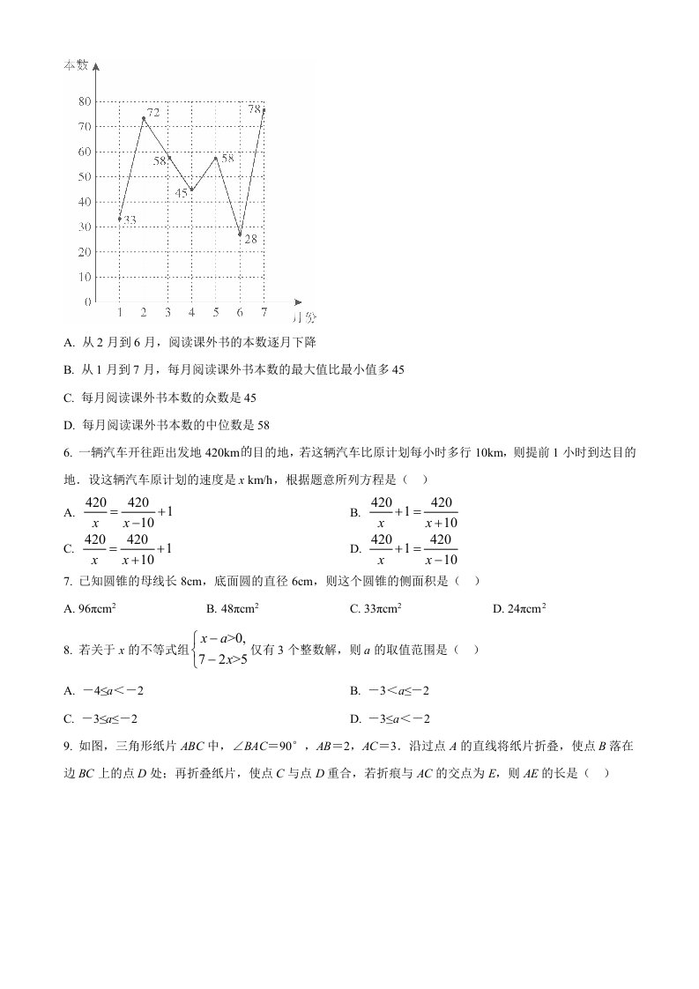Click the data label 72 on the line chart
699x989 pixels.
[x=153, y=113]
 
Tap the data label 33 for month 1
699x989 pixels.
[x=130, y=219]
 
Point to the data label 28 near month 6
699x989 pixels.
[x=250, y=239]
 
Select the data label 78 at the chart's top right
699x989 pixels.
[x=254, y=109]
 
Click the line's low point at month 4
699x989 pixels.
[x=191, y=190]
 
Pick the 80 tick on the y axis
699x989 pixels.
[x=85, y=101]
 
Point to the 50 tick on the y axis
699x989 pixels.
[x=85, y=176]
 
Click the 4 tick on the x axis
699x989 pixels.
[x=191, y=313]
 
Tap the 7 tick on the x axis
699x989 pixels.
[x=264, y=313]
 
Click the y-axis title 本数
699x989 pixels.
[x=76, y=65]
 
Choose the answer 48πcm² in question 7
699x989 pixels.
[x=232, y=608]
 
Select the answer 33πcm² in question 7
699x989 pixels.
[x=376, y=608]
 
